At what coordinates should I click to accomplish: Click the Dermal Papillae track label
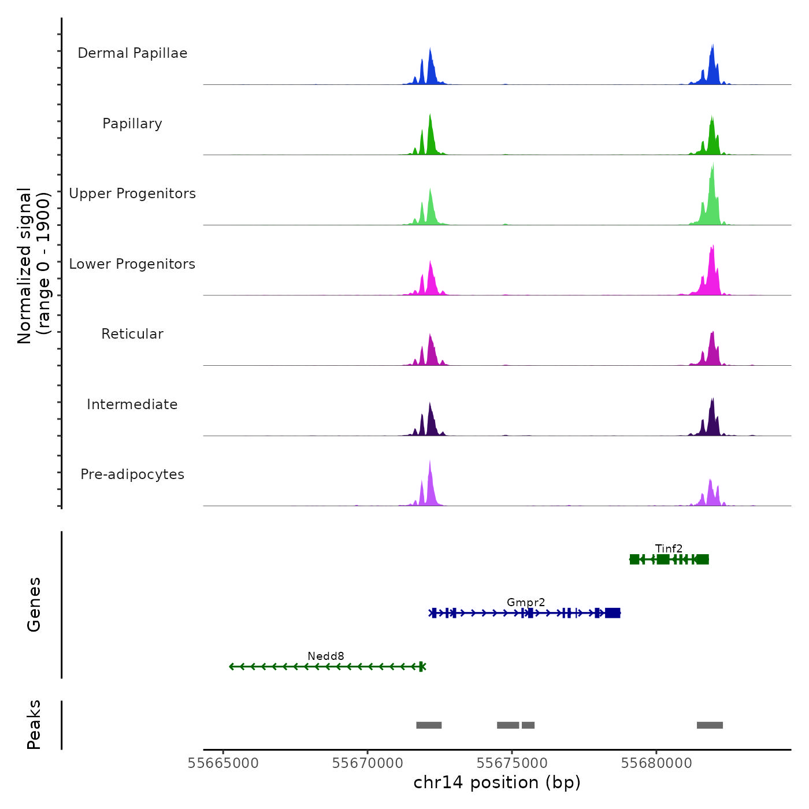132,53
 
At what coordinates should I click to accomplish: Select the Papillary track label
132,124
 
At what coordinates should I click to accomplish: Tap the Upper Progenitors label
132,194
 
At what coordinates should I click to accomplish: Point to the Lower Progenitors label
132,264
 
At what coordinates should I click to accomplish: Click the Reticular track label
132,334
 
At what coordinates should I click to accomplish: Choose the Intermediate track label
132,404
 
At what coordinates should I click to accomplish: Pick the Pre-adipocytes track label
132,474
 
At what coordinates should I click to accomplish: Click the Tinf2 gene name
669,548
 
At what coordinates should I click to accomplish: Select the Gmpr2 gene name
526,602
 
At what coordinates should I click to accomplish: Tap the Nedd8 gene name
326,656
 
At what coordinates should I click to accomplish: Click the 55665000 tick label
223,763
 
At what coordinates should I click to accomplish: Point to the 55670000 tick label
368,763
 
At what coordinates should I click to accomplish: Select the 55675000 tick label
512,763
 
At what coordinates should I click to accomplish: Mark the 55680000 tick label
656,763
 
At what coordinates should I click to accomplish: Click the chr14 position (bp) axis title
497,782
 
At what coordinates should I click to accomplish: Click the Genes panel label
34,604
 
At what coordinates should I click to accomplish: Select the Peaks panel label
34,725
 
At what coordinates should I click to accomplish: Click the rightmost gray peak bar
710,725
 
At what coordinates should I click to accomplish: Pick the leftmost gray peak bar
429,725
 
